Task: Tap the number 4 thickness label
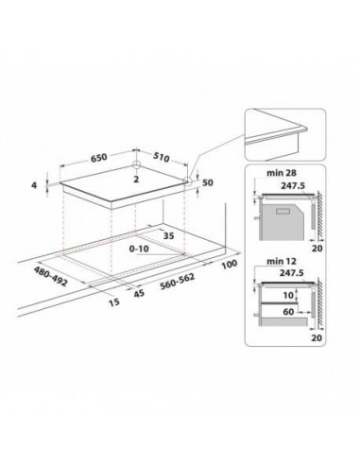pyautogui.click(x=36, y=186)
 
